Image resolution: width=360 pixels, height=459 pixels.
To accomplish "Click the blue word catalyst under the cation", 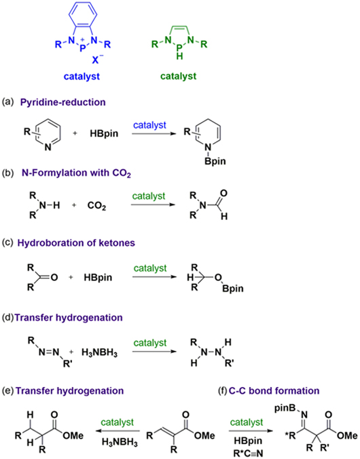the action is click(x=82, y=77).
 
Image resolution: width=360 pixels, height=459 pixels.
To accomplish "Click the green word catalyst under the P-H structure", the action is click(x=179, y=77).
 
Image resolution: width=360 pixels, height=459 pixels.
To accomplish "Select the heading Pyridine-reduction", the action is click(x=62, y=103).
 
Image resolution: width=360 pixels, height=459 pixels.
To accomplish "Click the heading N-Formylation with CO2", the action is click(x=76, y=173).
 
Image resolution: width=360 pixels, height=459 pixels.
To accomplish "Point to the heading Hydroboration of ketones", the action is click(x=76, y=243).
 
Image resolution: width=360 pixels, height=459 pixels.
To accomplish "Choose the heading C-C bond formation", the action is click(x=274, y=391).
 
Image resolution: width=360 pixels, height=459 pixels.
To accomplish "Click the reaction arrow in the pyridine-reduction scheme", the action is click(x=154, y=134).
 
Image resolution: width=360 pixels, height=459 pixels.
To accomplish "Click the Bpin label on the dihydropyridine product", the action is click(x=215, y=161).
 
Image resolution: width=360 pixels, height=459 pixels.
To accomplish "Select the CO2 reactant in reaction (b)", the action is click(x=96, y=206).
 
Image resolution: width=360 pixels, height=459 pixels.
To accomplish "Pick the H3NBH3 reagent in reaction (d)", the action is click(x=100, y=352).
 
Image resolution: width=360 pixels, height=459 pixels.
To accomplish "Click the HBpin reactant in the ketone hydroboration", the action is click(x=98, y=277).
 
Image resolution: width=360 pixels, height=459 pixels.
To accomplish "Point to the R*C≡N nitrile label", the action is click(x=248, y=453).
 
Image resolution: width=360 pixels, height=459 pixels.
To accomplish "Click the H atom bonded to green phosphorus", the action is click(x=179, y=56).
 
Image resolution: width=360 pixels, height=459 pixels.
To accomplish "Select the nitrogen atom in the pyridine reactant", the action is click(x=48, y=147).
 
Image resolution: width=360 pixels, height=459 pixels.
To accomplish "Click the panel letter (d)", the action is click(x=8, y=318).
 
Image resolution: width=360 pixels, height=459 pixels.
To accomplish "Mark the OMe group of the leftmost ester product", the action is click(x=73, y=436).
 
